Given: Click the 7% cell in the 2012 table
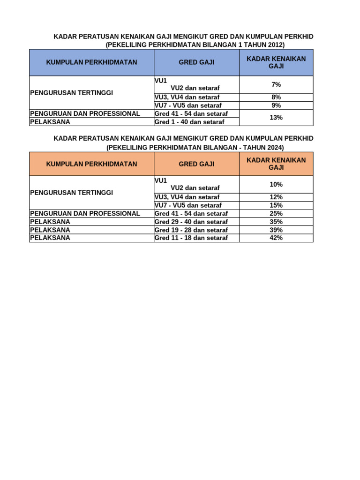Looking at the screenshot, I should (x=276, y=84).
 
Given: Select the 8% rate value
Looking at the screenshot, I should (x=276, y=97).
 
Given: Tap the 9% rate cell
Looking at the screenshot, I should (x=276, y=105).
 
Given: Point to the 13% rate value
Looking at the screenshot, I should (x=276, y=118).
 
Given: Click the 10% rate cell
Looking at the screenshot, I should (x=276, y=184).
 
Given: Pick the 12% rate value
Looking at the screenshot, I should (x=276, y=197).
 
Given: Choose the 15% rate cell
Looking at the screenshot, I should (x=276, y=205).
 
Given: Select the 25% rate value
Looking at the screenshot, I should (x=276, y=213).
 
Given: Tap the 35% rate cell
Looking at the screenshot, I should (x=276, y=222).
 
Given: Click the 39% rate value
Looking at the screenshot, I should (x=276, y=230).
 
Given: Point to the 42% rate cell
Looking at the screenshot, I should (x=276, y=238).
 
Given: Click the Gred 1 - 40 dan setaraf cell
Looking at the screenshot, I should (x=189, y=122).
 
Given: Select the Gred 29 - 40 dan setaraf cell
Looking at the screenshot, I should (x=191, y=222).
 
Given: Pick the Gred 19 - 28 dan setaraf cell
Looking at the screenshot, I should (x=191, y=230).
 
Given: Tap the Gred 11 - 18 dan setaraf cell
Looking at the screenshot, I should (x=191, y=238).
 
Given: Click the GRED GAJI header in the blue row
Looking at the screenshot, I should (x=196, y=62).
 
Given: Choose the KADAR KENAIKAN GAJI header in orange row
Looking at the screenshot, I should (x=276, y=164).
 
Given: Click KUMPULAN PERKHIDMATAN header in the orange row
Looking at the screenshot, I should (x=91, y=164).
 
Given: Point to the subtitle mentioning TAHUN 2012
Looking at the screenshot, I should (x=195, y=45).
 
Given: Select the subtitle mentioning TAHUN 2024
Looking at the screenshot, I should (x=195, y=147).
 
